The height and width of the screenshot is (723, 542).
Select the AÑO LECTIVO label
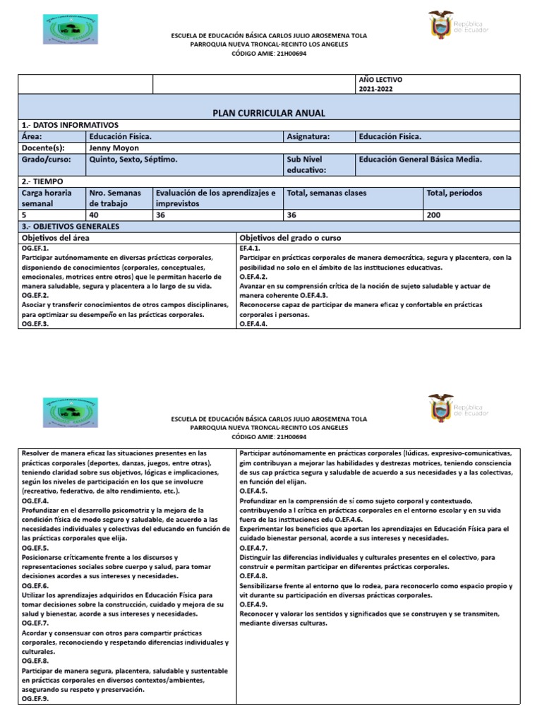pyautogui.click(x=380, y=80)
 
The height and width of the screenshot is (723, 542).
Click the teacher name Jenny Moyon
pyautogui.click(x=114, y=148)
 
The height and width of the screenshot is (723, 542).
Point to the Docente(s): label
pyautogui.click(x=43, y=148)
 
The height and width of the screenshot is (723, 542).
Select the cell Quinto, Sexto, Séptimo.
pyautogui.click(x=133, y=160)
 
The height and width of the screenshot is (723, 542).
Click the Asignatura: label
pyautogui.click(x=308, y=136)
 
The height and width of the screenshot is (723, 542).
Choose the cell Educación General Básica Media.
pyautogui.click(x=420, y=160)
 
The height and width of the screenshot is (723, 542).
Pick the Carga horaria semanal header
pyautogui.click(x=47, y=198)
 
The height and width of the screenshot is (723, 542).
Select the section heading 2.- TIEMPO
pyautogui.click(x=44, y=181)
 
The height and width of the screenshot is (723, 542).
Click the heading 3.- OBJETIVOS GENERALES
pyautogui.click(x=71, y=227)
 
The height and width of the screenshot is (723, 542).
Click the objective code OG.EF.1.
pyautogui.click(x=35, y=249)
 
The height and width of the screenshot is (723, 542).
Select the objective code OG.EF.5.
pyautogui.click(x=35, y=548)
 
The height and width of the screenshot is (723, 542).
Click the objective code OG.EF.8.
pyautogui.click(x=35, y=662)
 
